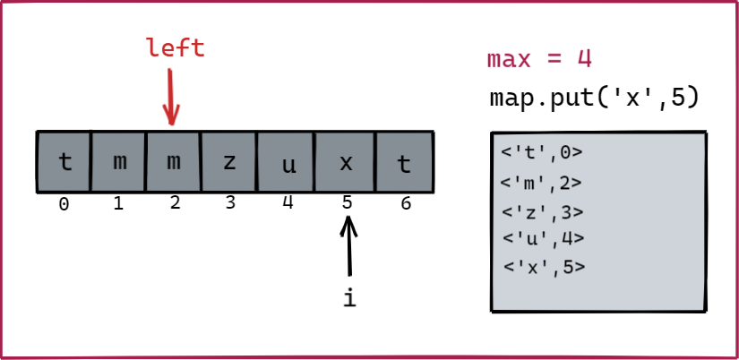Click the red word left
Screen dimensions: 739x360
[x=175, y=47]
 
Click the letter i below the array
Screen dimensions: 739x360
[x=349, y=298]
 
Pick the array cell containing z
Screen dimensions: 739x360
[x=229, y=162]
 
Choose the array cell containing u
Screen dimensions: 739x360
[x=286, y=162]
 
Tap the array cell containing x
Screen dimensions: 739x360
[x=345, y=162]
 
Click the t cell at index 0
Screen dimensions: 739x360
[x=64, y=162]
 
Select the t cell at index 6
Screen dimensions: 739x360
[x=404, y=162]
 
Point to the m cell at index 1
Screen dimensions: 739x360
[x=119, y=162]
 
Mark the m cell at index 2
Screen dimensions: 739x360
[x=174, y=162]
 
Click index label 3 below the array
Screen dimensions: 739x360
[x=230, y=203]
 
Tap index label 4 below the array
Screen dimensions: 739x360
[x=288, y=202]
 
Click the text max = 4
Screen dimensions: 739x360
[x=539, y=59]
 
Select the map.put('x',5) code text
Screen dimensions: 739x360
[x=593, y=98]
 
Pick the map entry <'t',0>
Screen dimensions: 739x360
[x=543, y=153]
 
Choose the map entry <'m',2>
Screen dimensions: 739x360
[x=542, y=183]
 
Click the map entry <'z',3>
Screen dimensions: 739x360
[x=543, y=212]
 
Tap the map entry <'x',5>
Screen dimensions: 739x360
[x=544, y=266]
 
